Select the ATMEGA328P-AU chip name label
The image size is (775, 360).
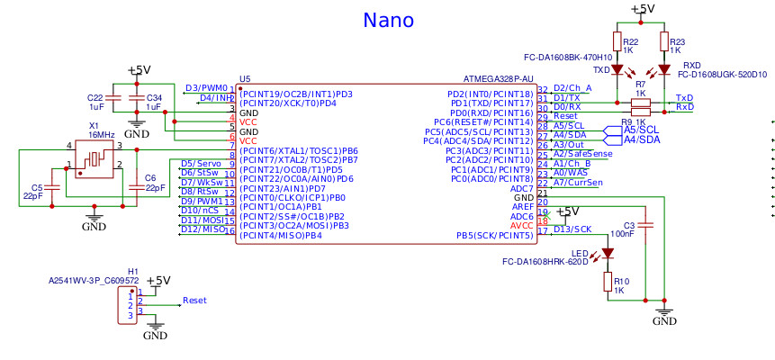click(x=498, y=78)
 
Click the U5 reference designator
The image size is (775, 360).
click(x=245, y=78)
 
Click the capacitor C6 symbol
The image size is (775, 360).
click(x=135, y=187)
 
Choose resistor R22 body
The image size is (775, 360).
click(x=618, y=42)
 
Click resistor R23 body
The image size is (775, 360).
click(x=664, y=42)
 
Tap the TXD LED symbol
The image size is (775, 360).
click(x=618, y=70)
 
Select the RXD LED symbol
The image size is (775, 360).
click(x=664, y=70)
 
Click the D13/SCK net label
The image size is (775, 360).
click(x=572, y=229)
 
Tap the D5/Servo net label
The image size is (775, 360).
click(x=200, y=163)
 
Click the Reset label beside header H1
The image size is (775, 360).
click(x=194, y=300)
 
